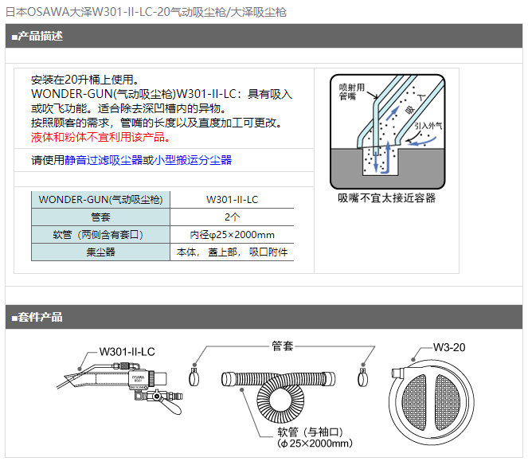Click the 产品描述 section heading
(x=40, y=36)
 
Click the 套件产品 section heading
(x=40, y=317)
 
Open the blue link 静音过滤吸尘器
(x=104, y=160)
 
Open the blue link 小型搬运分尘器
(x=193, y=160)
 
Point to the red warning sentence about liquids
(x=100, y=137)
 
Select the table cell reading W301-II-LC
(x=232, y=200)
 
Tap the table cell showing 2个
(x=232, y=217)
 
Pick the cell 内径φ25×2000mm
(x=232, y=235)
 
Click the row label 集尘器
(x=100, y=252)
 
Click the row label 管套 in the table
(x=100, y=217)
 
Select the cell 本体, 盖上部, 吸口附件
(x=232, y=252)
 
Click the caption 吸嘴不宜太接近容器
(x=386, y=198)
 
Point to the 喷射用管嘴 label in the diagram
(x=351, y=92)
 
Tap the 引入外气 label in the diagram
(x=428, y=126)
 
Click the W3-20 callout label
(x=449, y=347)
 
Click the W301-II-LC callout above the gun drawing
(x=127, y=352)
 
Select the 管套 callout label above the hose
(x=283, y=346)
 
